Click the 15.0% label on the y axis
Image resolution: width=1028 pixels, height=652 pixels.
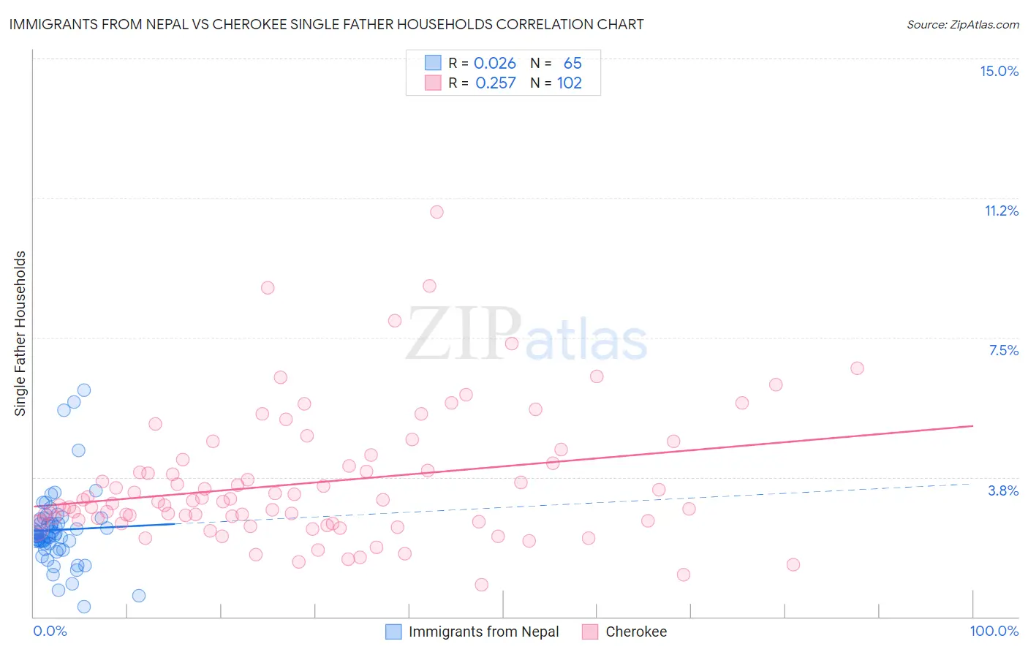tap(999, 71)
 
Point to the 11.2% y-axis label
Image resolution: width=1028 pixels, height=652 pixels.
tap(1001, 211)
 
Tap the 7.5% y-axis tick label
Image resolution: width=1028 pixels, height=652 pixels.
tap(1003, 350)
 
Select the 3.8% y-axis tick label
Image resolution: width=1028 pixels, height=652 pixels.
tap(1003, 490)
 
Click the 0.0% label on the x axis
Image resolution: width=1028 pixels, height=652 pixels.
tap(50, 631)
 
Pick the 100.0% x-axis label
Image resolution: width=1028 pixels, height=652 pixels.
tap(994, 631)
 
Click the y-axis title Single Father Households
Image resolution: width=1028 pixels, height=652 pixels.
tap(20, 333)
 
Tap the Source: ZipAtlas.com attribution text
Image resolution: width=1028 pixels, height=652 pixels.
tap(962, 25)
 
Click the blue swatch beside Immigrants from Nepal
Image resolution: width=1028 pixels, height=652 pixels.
tap(393, 632)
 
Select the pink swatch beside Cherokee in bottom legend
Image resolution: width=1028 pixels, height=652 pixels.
tap(590, 632)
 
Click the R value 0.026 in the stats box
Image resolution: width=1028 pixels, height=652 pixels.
tap(495, 64)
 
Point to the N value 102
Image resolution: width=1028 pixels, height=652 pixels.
tap(570, 83)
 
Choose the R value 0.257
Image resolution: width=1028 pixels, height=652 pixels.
tap(496, 83)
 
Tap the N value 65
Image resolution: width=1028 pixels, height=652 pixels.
tap(572, 64)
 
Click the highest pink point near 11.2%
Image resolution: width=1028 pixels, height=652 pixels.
tap(436, 212)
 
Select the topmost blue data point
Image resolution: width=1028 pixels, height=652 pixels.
tap(84, 390)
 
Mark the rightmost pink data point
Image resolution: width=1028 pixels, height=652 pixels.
tap(857, 368)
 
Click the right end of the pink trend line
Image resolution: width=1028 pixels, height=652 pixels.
tap(972, 425)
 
